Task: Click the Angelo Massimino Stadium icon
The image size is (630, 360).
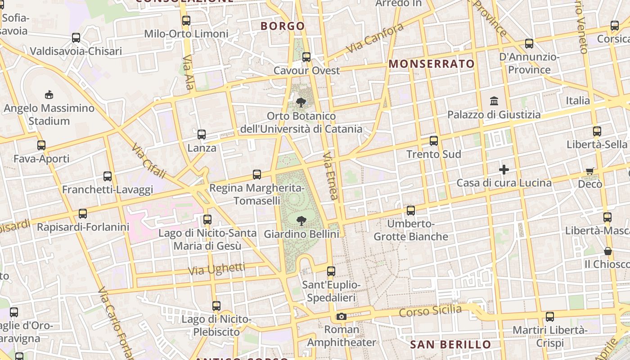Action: (x=49, y=94)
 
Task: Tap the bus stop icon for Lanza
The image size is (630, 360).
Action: (x=202, y=134)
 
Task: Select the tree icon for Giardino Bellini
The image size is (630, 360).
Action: (x=301, y=220)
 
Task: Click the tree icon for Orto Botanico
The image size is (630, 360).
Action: (x=301, y=103)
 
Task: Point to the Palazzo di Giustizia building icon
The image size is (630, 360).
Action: (x=494, y=101)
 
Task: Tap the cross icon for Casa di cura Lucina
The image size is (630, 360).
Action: (x=504, y=170)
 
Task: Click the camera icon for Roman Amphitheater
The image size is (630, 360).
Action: (x=342, y=316)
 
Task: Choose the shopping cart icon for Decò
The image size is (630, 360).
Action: (x=590, y=171)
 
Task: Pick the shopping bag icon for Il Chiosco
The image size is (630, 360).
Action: (x=608, y=251)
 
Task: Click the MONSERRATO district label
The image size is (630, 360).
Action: (x=432, y=64)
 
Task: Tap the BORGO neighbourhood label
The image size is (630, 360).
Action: (x=283, y=26)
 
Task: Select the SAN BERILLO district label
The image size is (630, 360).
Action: (x=450, y=345)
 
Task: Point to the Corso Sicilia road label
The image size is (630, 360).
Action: (x=430, y=310)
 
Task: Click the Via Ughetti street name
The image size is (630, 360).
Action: (x=217, y=269)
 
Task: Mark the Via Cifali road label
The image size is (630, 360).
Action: (x=149, y=160)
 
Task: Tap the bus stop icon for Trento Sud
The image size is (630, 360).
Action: (x=434, y=141)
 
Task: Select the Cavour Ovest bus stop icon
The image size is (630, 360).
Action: (x=306, y=57)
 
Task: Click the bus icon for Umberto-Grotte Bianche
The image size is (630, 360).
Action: (x=411, y=210)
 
